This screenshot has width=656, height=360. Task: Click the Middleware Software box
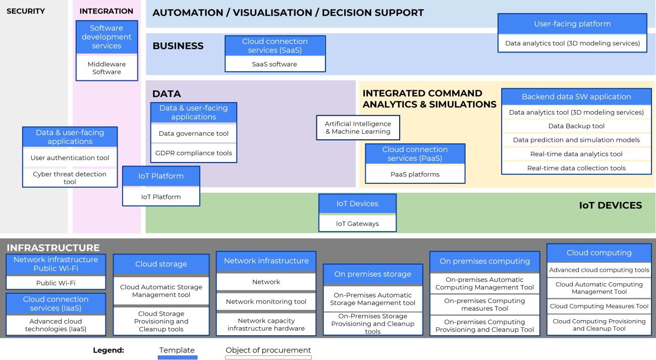pos(106,68)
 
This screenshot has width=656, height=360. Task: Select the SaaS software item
pos(275,64)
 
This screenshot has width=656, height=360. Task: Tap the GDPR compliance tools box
pos(194,153)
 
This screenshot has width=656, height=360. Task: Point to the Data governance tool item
pos(194,134)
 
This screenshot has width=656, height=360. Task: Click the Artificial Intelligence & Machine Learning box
pos(358,128)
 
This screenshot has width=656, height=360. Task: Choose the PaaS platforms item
pos(415,174)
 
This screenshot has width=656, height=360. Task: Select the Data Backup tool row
pos(576,126)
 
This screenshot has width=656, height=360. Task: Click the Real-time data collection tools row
pos(576,168)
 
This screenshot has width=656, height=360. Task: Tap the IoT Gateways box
pos(357,224)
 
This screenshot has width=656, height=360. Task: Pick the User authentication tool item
pos(70,158)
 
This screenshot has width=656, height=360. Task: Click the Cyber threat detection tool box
pos(70,178)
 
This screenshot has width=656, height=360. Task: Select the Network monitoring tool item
pos(266,301)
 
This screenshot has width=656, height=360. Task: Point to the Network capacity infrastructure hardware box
pos(266,324)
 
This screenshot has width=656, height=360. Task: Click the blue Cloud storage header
pos(161,264)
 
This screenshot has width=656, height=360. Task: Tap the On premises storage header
pos(372,274)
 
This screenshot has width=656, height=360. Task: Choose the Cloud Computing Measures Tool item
pos(599,306)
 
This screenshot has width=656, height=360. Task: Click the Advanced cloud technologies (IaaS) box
pos(56,325)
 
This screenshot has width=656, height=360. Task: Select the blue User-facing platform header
pos(572,24)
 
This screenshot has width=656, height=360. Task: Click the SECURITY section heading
pos(26,11)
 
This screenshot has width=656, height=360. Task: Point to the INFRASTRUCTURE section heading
pos(53,248)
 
